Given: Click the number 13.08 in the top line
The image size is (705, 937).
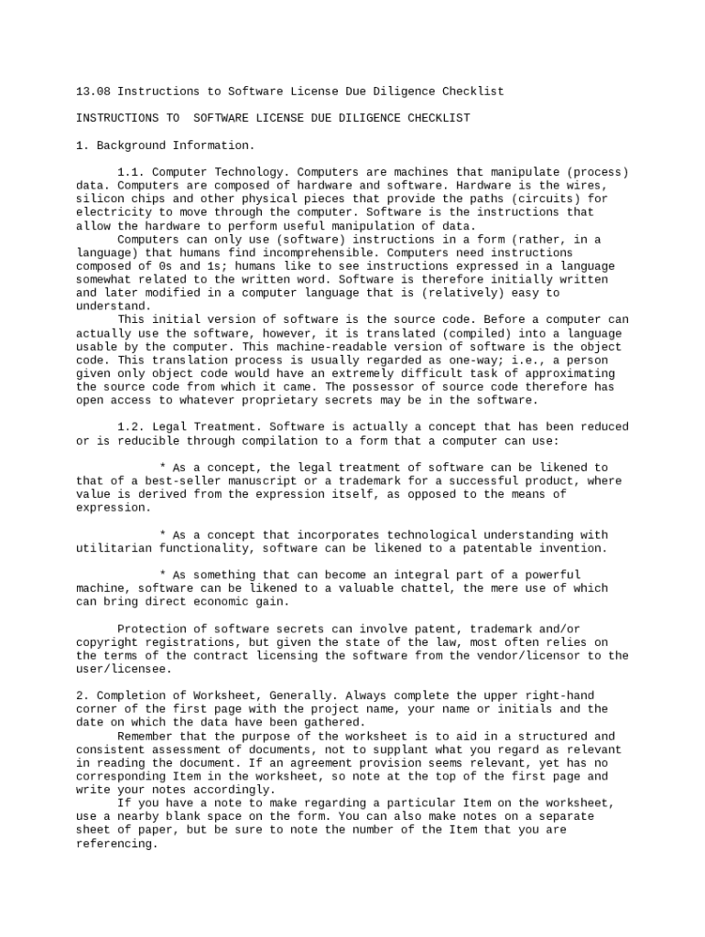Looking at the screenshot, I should click(x=92, y=92).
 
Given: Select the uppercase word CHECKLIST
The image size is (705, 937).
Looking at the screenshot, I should click(x=439, y=118).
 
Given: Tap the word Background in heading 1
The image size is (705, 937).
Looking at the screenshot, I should click(x=130, y=145).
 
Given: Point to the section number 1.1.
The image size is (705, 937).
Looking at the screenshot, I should click(x=130, y=172).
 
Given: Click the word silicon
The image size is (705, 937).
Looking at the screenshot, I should click(x=99, y=199).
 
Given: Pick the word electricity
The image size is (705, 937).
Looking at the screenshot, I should click(x=113, y=212).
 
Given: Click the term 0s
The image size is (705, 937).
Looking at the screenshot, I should click(x=161, y=266).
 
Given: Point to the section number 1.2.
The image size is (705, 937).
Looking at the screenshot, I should click(x=130, y=426).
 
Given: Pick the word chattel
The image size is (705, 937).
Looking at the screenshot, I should click(x=428, y=588).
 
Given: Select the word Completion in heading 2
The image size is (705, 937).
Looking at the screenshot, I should click(x=130, y=695).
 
